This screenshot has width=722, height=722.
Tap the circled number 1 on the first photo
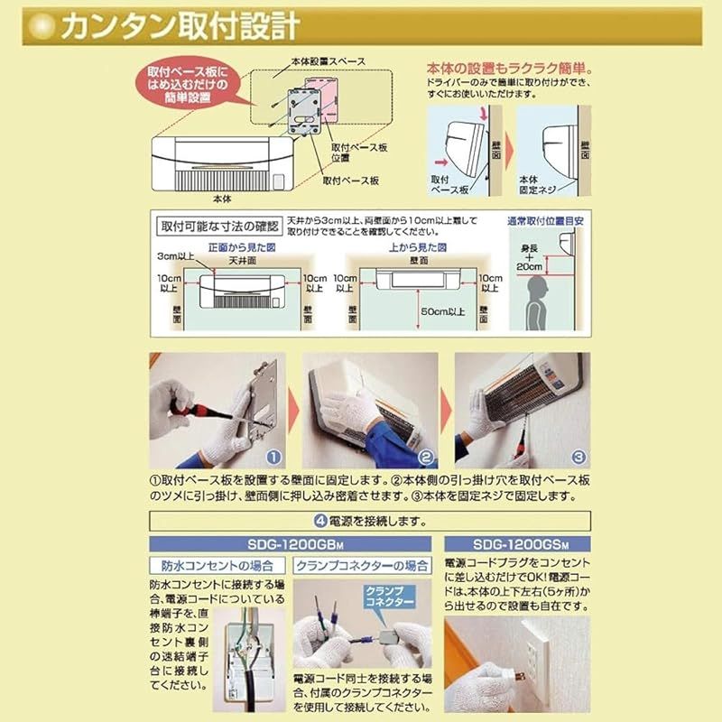[275, 458]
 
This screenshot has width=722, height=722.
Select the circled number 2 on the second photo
[427, 458]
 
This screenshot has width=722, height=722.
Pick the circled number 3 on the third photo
[579, 458]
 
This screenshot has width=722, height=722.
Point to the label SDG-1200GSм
[517, 543]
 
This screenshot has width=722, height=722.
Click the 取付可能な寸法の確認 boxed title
[218, 225]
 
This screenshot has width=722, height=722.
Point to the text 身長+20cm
[532, 260]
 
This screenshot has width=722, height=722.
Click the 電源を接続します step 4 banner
[367, 521]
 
